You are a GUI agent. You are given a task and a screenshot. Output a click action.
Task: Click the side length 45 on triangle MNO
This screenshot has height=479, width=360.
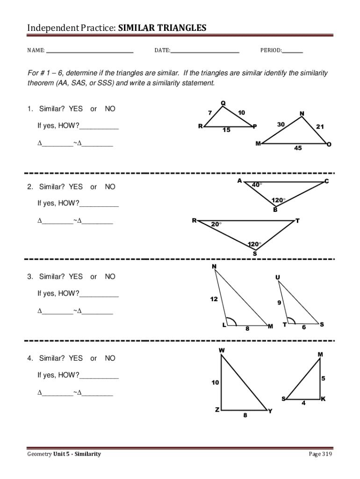click(x=298, y=148)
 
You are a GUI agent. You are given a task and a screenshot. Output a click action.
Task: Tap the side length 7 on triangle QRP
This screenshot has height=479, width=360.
click(x=210, y=112)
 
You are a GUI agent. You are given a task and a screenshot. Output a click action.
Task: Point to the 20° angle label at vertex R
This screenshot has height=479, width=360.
click(x=216, y=224)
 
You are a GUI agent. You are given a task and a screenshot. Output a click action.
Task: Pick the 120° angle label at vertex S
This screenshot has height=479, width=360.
click(x=254, y=244)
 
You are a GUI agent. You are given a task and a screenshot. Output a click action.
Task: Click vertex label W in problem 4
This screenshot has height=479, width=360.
click(x=222, y=350)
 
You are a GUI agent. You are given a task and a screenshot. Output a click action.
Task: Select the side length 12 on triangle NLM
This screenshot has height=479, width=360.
click(x=214, y=299)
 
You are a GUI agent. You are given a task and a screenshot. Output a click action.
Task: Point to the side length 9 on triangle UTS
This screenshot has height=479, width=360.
click(x=279, y=303)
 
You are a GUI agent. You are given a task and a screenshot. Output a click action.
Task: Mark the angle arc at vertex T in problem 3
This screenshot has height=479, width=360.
click(x=291, y=320)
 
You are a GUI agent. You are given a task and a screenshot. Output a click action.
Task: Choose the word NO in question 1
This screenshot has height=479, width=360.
click(x=110, y=109)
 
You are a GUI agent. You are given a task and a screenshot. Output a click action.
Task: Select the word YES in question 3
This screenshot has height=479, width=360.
click(x=75, y=276)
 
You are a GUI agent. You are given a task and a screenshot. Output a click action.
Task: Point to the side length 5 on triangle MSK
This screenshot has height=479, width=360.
click(x=323, y=378)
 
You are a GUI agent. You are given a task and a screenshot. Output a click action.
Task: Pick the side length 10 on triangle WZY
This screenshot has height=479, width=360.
click(x=215, y=383)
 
